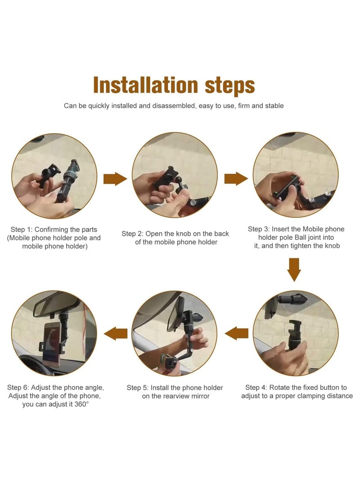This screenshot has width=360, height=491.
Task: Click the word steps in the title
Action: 230,86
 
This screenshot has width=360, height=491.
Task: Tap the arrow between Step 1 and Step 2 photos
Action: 115,179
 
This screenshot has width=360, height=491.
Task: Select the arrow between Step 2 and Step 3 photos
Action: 236,179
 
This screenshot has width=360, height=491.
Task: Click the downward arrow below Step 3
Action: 294,270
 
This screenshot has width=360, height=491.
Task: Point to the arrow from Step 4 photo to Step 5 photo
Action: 236,333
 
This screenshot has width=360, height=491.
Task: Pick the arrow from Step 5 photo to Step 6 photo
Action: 116,333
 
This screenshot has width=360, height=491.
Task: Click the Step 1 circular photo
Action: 54,176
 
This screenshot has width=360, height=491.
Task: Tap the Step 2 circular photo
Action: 175,175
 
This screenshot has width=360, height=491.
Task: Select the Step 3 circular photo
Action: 296,175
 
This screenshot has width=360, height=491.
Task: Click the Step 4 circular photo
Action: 296,333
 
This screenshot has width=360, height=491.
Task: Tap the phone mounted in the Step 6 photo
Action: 51,343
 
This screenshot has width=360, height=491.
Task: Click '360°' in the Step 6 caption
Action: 81,404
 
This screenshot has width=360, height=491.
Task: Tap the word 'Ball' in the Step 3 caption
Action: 301,237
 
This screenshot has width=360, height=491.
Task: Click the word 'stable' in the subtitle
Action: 274,106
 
